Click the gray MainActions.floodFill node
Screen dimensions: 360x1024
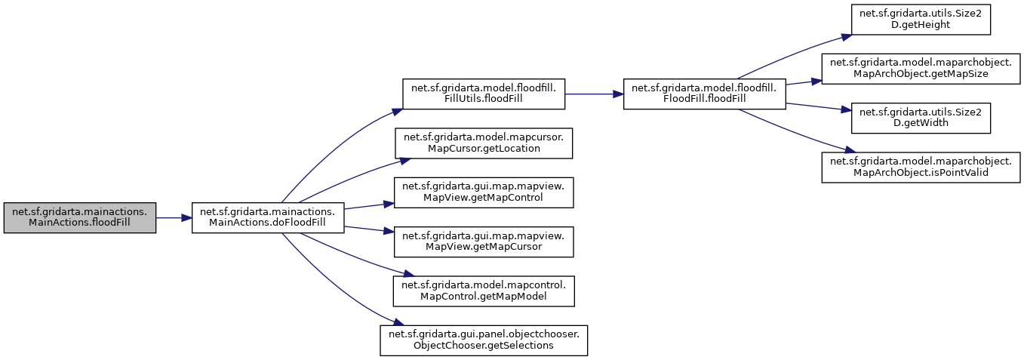[x=80, y=218]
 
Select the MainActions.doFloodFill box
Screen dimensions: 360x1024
[x=268, y=218]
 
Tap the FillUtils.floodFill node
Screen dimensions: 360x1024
[x=483, y=94]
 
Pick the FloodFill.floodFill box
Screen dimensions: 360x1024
[x=705, y=94]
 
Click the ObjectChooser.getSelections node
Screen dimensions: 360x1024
[x=483, y=340]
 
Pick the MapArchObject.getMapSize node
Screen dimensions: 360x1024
[x=921, y=69]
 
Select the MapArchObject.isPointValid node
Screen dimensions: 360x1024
[x=921, y=168]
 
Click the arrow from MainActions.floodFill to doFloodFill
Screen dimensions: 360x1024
[x=174, y=218]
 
